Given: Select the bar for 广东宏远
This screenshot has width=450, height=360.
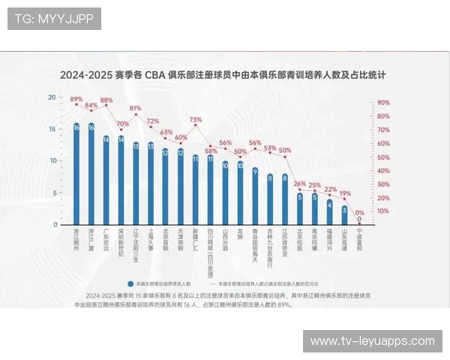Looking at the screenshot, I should pyautogui.click(x=106, y=180).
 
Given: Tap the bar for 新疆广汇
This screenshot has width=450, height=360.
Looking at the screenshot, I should pyautogui.click(x=196, y=190).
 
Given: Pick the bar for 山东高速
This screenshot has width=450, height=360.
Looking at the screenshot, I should pyautogui.click(x=344, y=214).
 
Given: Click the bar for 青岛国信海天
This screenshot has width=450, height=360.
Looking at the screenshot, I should pyautogui.click(x=255, y=196).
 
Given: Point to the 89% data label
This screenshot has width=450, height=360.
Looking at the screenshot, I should pyautogui.click(x=76, y=99).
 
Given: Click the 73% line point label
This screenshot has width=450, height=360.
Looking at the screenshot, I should pyautogui.click(x=196, y=119).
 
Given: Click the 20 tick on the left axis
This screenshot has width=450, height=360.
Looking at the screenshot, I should pyautogui.click(x=52, y=97).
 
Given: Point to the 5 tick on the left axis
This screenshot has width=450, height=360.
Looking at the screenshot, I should pyautogui.click(x=53, y=193).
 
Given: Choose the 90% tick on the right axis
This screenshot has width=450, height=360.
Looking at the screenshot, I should pyautogui.click(x=384, y=103).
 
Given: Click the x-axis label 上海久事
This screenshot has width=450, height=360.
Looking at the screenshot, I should pyautogui.click(x=151, y=240).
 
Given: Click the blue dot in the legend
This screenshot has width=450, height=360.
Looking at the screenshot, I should pyautogui.click(x=130, y=284).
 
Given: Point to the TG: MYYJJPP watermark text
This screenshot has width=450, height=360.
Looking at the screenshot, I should pyautogui.click(x=54, y=19).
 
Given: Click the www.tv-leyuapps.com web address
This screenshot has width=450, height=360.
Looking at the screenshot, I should pyautogui.click(x=372, y=341).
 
